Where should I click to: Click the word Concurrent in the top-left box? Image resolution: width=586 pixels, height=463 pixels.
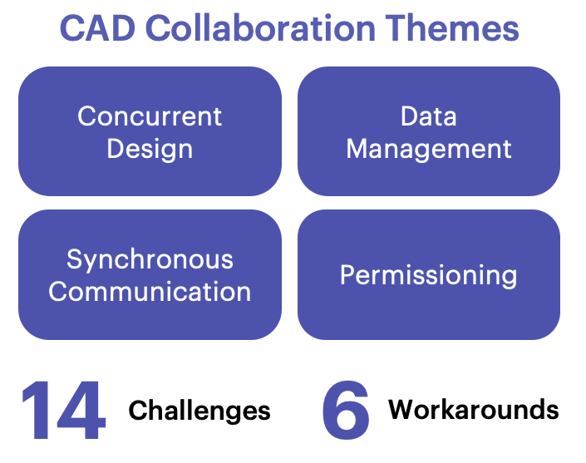pos(150,116)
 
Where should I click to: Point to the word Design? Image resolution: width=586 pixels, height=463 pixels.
pos(150,149)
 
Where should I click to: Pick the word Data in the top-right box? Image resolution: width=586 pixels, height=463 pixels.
pos(428,116)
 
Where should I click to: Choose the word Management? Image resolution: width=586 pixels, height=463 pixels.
pos(428,149)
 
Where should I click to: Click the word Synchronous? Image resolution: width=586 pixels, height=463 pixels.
pos(150,259)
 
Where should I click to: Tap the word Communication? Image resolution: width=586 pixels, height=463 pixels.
pos(150,292)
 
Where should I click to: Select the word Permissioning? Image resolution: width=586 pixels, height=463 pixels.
pos(428,275)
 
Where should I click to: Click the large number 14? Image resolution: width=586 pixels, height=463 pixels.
pos(63,411)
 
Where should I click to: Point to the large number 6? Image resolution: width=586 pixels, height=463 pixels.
pos(346,411)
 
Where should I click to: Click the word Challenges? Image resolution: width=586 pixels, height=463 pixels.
pos(199,411)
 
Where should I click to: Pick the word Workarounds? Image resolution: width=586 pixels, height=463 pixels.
pos(474,410)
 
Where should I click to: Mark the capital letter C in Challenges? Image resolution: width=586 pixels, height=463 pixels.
pos(138,411)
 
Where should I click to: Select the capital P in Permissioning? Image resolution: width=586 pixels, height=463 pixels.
pos(348,274)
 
